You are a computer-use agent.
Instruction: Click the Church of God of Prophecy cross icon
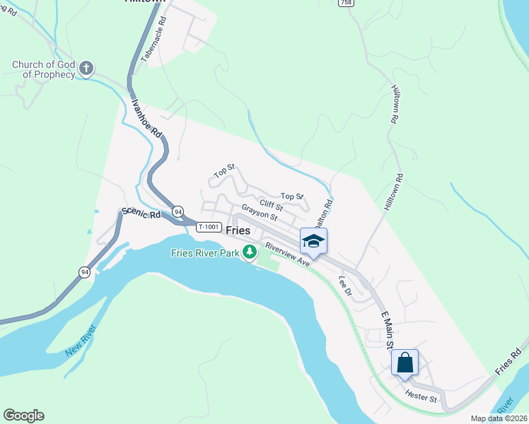point(86,69)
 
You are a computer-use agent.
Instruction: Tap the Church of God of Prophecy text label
point(42,69)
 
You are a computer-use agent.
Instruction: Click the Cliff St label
point(270,205)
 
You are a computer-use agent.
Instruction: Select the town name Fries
point(238,230)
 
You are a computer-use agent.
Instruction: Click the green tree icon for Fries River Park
point(249,252)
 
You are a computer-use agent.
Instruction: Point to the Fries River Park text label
point(204,253)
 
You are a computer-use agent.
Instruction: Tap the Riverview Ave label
point(287,255)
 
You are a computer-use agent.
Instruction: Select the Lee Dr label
point(344,285)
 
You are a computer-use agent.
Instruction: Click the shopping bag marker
point(405,363)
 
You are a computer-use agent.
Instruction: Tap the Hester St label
point(421,397)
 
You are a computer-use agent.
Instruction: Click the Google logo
point(23,416)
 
